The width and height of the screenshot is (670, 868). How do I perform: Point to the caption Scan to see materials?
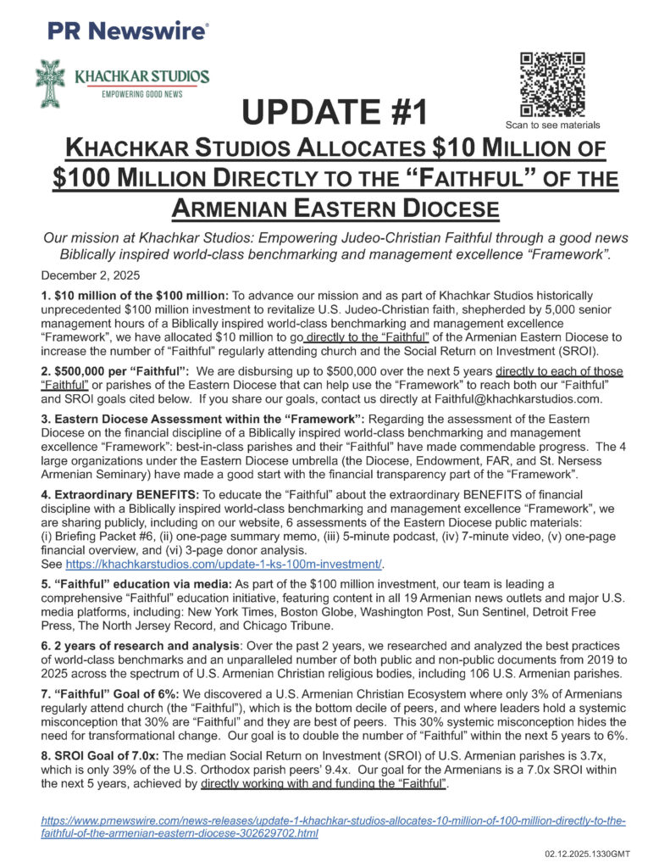point(552,124)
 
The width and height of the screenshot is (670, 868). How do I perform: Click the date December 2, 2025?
point(90,276)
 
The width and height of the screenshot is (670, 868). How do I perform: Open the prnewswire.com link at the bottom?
point(334,827)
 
